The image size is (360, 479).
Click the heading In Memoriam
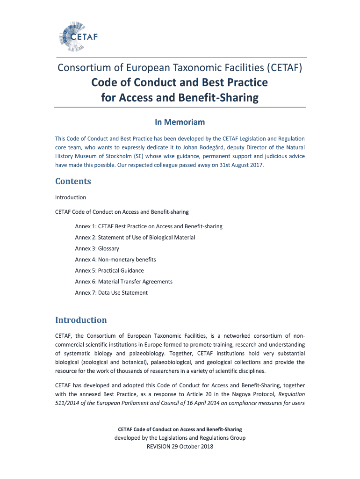click(180, 122)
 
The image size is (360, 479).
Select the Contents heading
click(73, 181)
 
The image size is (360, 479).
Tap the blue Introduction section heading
click(81, 320)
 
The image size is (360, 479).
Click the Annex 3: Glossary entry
click(97, 248)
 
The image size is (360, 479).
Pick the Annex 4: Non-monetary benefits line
click(115, 260)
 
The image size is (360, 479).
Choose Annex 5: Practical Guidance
click(109, 270)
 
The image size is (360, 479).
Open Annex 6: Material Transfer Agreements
click(123, 282)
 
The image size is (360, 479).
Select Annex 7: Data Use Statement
click(111, 293)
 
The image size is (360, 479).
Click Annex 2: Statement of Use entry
click(135, 238)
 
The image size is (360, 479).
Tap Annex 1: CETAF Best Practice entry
click(148, 226)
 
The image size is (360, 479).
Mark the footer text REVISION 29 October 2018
click(180, 447)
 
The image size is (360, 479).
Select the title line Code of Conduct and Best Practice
click(180, 83)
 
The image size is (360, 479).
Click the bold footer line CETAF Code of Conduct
click(180, 429)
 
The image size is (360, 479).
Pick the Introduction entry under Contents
click(71, 197)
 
